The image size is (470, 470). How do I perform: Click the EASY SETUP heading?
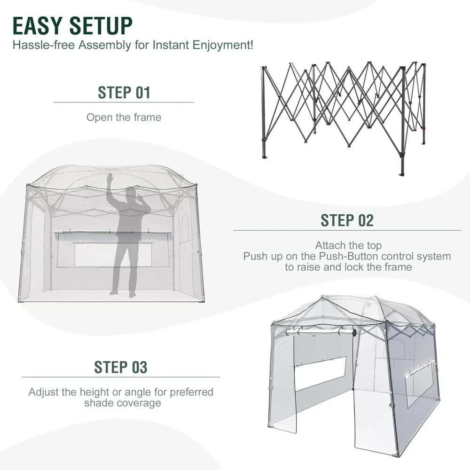point(72,26)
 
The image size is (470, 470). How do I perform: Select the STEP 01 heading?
point(124,92)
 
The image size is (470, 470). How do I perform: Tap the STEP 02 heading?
point(347,220)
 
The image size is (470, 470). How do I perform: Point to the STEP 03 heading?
point(121,367)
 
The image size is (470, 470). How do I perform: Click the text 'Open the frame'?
point(124,117)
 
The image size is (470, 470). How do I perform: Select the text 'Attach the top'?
point(348,245)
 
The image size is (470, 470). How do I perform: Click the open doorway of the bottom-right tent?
point(374,399)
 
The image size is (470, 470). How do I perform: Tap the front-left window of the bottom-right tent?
point(321,374)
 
